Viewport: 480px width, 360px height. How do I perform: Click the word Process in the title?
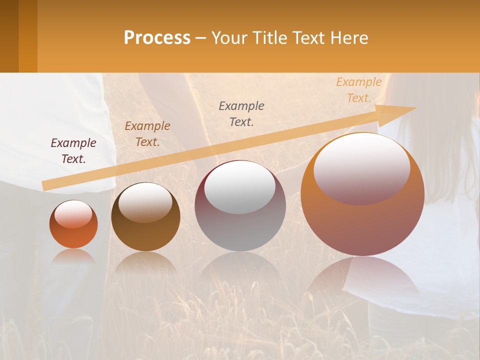(x=157, y=38)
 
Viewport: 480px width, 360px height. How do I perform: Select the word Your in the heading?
(x=229, y=38)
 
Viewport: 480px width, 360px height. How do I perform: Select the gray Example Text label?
(x=241, y=113)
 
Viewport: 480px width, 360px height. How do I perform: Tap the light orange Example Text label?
(x=358, y=90)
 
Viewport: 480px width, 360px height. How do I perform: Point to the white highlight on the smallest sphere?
(x=73, y=213)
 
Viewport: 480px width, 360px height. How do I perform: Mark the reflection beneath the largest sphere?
(x=362, y=280)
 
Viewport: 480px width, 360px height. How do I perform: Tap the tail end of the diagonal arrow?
(x=44, y=186)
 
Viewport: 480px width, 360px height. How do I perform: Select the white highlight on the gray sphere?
(x=240, y=186)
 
